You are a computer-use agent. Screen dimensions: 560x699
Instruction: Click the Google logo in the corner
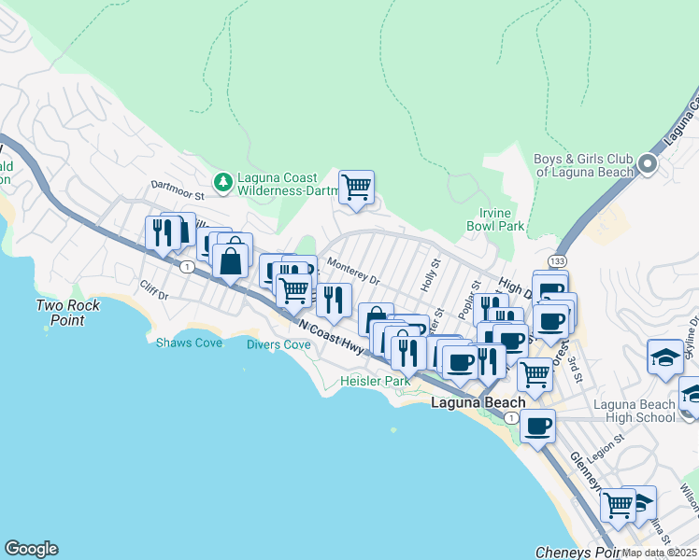31,549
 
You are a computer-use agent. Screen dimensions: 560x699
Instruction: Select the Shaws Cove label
189,343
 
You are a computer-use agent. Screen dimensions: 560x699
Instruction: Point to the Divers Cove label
278,344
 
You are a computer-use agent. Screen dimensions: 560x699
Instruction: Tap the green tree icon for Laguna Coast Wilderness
222,180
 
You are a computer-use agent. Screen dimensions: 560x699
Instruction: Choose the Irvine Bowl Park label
495,219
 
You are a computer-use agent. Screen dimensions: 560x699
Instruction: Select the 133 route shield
557,260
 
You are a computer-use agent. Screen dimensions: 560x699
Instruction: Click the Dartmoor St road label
177,197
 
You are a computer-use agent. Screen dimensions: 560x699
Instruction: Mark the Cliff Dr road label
152,290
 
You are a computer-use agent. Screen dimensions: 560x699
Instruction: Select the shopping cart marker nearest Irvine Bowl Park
356,188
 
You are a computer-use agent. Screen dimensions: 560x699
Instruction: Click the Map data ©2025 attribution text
659,553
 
